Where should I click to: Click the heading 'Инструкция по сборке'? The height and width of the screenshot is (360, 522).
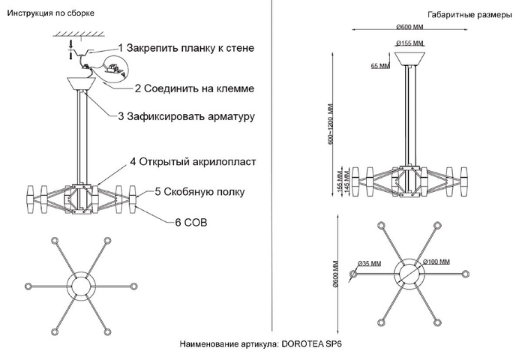point(51,13)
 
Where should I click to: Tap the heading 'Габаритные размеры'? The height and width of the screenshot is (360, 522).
point(469,15)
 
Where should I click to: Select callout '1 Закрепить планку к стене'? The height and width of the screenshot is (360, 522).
point(187,48)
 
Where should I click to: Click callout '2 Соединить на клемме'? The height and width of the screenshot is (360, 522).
point(194,88)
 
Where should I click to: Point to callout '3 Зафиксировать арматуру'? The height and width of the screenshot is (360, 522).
point(187,116)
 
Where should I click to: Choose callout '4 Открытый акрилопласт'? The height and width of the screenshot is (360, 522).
point(193,162)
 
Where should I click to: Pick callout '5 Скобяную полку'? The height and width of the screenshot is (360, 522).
point(199,192)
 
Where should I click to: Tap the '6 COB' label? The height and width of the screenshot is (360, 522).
point(191,223)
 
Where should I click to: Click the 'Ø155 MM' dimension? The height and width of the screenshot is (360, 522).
point(409,43)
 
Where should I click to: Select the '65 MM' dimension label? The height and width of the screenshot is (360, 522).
point(380,66)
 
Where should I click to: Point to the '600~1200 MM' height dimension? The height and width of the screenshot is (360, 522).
point(331,124)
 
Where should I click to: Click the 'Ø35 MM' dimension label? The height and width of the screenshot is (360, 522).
point(369,263)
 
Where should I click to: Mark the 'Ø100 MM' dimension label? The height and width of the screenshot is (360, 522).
point(436,262)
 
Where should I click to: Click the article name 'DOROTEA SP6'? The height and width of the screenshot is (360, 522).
point(311,344)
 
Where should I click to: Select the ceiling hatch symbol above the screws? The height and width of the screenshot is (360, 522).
point(79,34)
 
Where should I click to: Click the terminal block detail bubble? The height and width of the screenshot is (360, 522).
point(115,68)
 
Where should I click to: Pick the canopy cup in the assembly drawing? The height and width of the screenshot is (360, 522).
point(82,83)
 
